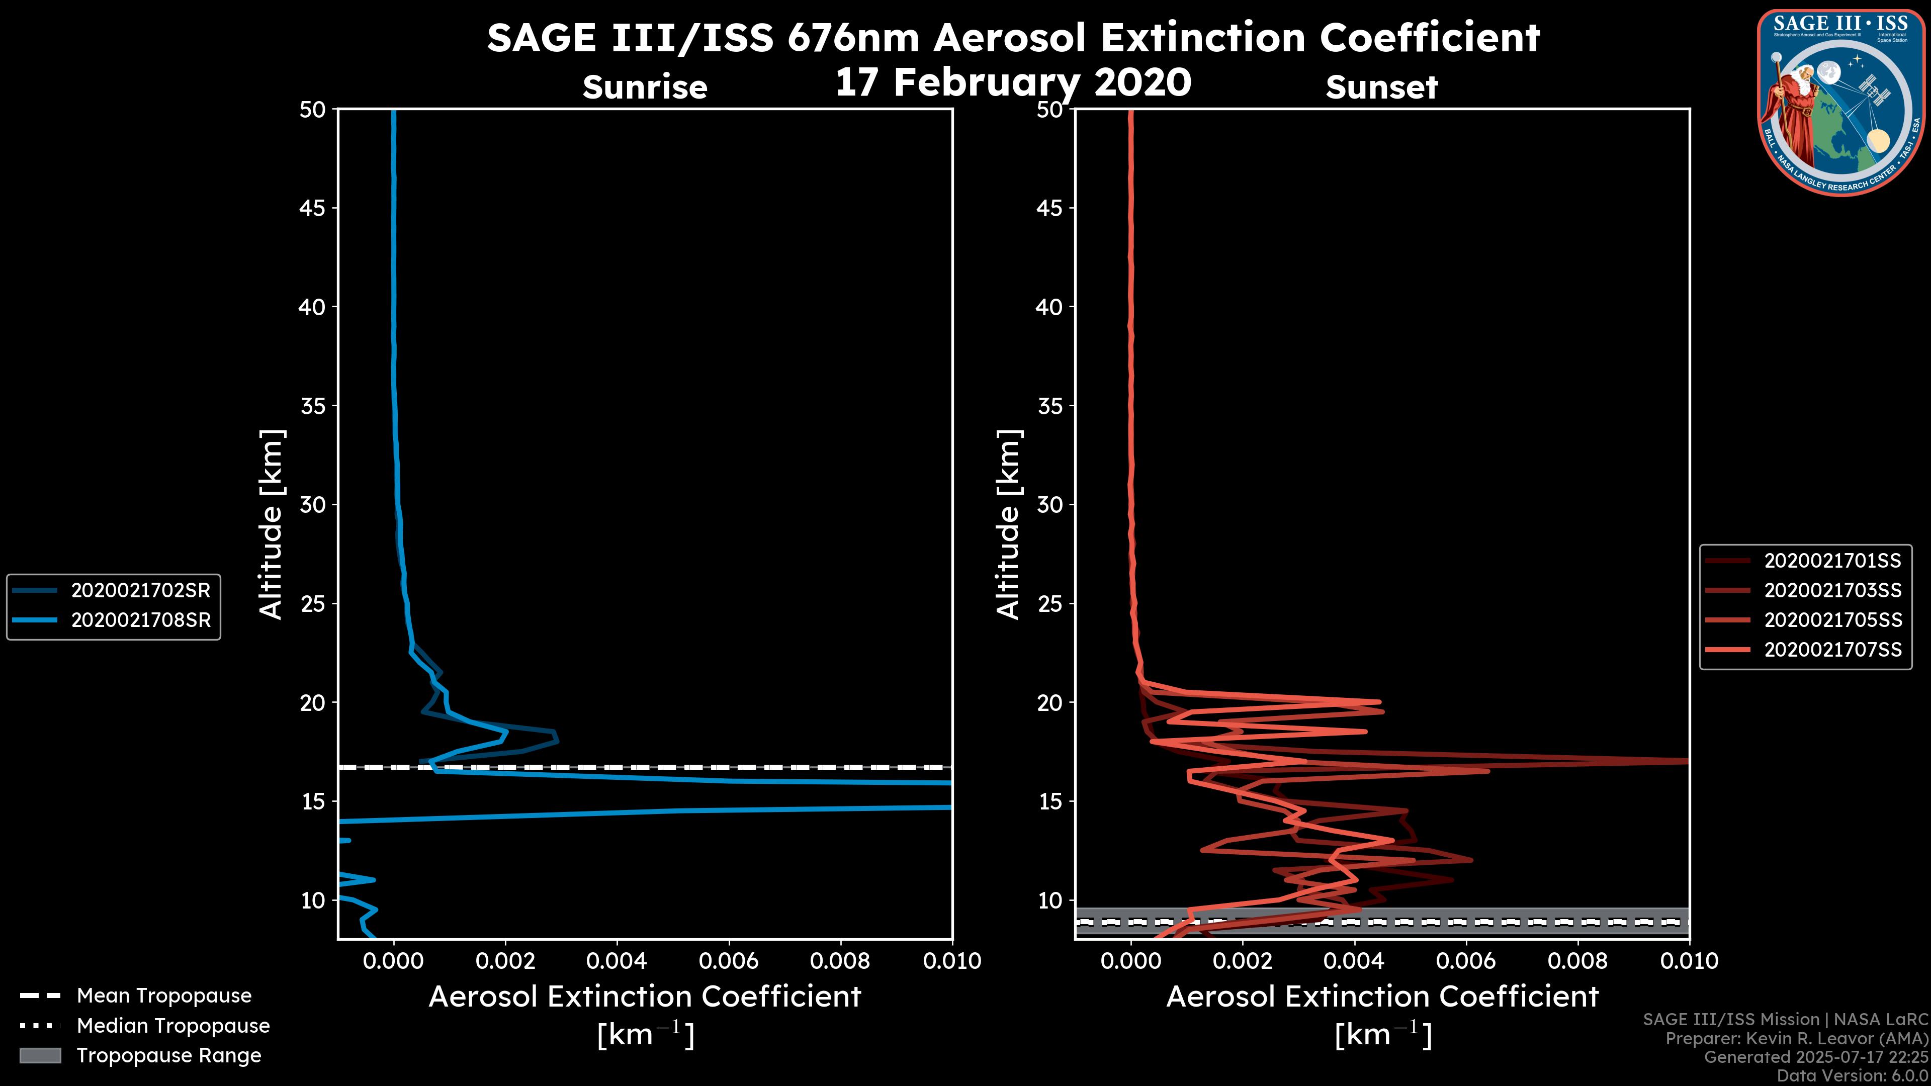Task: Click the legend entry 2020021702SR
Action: pyautogui.click(x=140, y=591)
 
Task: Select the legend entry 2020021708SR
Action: pyautogui.click(x=140, y=620)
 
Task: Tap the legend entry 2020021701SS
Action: pyautogui.click(x=1832, y=561)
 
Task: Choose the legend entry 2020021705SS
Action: pyautogui.click(x=1832, y=620)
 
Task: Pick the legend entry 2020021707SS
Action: pyautogui.click(x=1832, y=650)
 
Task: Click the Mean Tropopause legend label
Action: pyautogui.click(x=163, y=995)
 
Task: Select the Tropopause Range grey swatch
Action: pyautogui.click(x=40, y=1055)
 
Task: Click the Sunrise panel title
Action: pyautogui.click(x=645, y=87)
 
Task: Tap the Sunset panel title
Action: pyautogui.click(x=1381, y=87)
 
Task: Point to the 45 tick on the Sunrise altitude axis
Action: pyautogui.click(x=313, y=208)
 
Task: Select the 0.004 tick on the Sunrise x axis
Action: pyautogui.click(x=616, y=961)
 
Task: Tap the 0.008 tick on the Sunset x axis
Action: pyautogui.click(x=1578, y=961)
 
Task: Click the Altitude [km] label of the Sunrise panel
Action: pyautogui.click(x=271, y=524)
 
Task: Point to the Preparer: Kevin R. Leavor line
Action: pyautogui.click(x=1796, y=1039)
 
